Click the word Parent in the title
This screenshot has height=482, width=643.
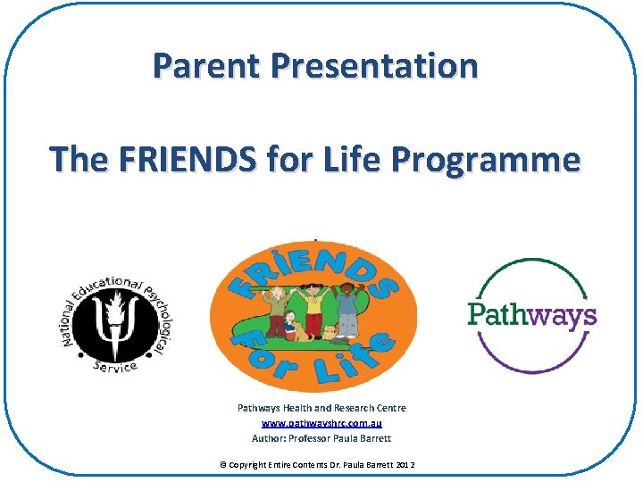pyautogui.click(x=207, y=66)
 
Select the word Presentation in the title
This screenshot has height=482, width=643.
pyautogui.click(x=375, y=66)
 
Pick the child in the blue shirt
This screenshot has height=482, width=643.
pyautogui.click(x=346, y=308)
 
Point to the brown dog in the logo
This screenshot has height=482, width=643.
pyautogui.click(x=298, y=333)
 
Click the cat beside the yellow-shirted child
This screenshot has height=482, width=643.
pyautogui.click(x=330, y=334)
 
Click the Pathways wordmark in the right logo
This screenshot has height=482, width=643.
pyautogui.click(x=532, y=315)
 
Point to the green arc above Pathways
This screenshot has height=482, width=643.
pyautogui.click(x=532, y=268)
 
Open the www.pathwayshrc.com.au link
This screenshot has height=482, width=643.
pyautogui.click(x=321, y=423)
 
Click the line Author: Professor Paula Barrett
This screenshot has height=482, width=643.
pyautogui.click(x=321, y=438)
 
